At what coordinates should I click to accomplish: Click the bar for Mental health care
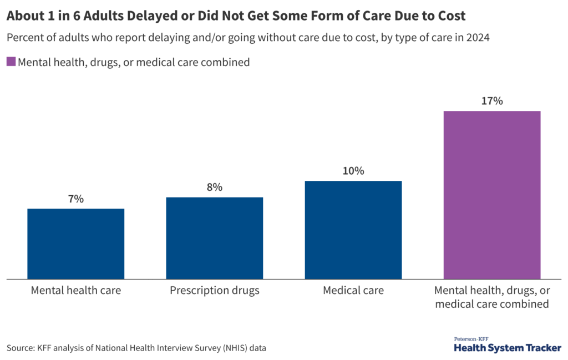tap(75, 244)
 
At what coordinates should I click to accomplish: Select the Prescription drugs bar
tap(214, 238)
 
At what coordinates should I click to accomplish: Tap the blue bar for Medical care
tap(353, 230)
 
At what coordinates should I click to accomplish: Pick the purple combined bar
tap(491, 195)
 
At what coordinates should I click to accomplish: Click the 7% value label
tap(75, 199)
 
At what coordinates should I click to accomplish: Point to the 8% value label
tap(214, 187)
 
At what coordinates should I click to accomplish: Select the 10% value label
tap(353, 171)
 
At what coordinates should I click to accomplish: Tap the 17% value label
tap(491, 101)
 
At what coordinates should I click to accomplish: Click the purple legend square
tap(11, 62)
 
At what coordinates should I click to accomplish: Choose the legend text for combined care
tap(134, 62)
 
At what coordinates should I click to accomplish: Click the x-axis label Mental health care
tap(75, 290)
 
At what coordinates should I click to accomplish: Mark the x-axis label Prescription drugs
tap(214, 290)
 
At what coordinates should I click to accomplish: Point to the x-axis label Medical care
tap(353, 290)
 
